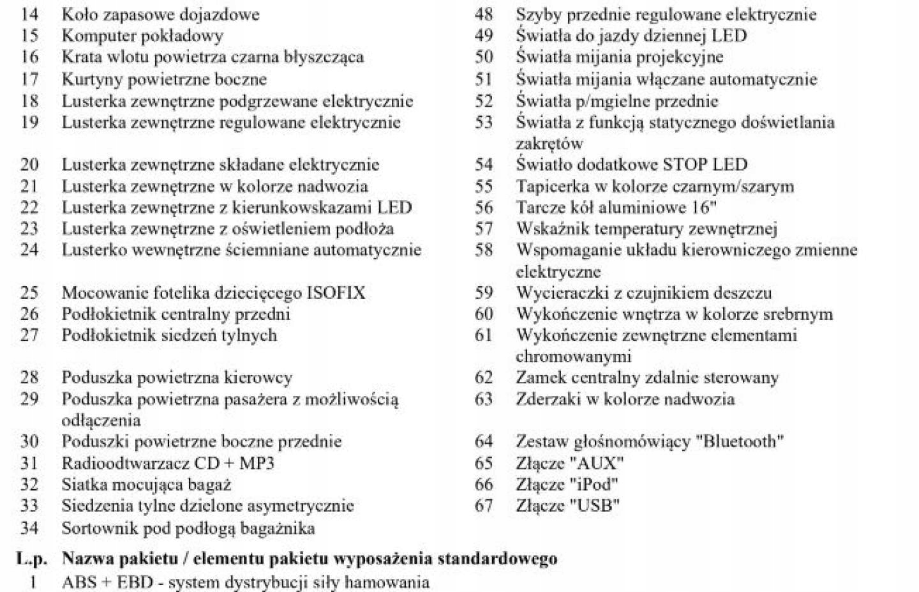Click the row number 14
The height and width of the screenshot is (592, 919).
click(29, 14)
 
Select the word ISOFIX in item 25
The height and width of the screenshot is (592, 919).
click(336, 293)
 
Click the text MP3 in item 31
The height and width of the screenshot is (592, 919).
click(256, 463)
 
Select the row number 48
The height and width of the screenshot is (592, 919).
click(484, 14)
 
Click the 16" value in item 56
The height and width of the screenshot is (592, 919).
click(703, 208)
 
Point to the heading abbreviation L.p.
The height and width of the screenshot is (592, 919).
click(32, 559)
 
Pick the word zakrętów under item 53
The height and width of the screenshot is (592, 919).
click(549, 144)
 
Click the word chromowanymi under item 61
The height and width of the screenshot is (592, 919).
click(573, 356)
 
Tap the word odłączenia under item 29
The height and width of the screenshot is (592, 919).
click(101, 420)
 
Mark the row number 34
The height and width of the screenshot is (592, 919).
click(29, 528)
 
